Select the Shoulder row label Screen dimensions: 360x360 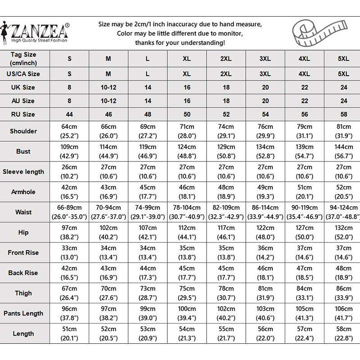23,131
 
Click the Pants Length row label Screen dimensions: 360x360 23,313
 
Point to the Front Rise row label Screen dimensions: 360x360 23,252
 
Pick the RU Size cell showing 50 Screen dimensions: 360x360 187,114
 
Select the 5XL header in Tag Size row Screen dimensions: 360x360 343,58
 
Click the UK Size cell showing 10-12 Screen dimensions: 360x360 108,87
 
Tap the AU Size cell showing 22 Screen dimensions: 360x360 304,101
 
